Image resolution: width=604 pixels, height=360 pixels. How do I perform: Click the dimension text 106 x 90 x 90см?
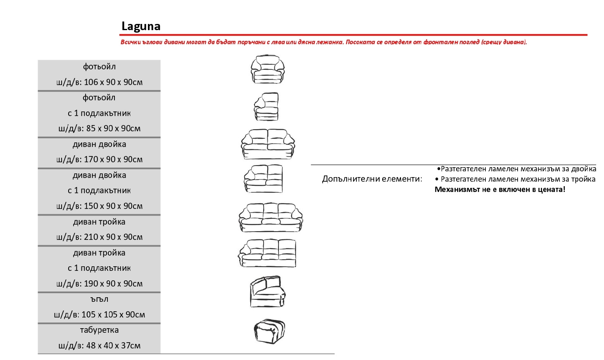point(113,82)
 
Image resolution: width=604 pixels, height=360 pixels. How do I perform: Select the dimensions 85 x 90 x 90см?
point(113,128)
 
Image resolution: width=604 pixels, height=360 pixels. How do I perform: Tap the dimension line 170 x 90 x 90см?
point(113,159)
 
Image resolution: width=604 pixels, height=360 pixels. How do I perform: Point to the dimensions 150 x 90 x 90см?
point(113,206)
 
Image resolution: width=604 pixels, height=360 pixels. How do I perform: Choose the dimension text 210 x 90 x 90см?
point(113,237)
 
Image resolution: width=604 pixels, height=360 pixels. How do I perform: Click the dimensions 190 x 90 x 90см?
point(113,284)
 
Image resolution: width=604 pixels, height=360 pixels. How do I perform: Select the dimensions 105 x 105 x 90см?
point(113,315)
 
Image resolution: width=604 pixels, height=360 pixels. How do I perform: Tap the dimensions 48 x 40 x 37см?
point(113,346)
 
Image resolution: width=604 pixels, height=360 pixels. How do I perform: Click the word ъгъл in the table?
point(99,299)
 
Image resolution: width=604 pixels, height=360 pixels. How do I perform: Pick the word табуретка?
point(99,330)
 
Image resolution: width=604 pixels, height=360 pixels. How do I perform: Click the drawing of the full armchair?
point(267,69)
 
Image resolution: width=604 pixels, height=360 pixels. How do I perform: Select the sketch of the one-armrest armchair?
point(266,107)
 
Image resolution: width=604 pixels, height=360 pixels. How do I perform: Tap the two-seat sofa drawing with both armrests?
point(268,144)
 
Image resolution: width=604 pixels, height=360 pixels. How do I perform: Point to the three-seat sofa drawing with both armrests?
point(271,218)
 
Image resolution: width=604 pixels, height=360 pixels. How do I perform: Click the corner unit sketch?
point(268,291)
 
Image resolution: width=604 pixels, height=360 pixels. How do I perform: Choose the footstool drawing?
point(269,332)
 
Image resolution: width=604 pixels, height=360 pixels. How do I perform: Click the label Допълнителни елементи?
point(372,179)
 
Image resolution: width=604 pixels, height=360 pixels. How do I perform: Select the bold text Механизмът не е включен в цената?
point(500,189)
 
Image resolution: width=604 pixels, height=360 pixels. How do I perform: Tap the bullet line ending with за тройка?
point(515,179)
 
